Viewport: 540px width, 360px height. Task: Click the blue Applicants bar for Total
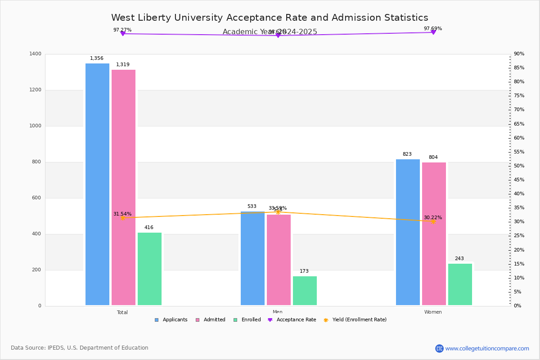tap(97, 184)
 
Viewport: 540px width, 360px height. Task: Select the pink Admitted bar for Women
tap(434, 234)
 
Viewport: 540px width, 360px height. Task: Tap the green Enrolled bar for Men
tap(305, 291)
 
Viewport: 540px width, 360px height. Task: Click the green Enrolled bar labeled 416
tap(149, 269)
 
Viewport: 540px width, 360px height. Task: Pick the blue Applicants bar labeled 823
tap(408, 232)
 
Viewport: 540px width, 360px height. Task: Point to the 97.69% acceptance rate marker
tap(433, 32)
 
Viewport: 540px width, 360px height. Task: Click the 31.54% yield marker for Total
tap(122, 218)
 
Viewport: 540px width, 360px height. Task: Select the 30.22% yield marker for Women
tap(433, 221)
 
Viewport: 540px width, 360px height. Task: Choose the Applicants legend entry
tap(171, 320)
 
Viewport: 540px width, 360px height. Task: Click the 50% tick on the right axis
tap(519, 166)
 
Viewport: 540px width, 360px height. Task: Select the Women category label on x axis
tap(433, 312)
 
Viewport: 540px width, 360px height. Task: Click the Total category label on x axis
tap(122, 312)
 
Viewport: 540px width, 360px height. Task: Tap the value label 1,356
tap(97, 58)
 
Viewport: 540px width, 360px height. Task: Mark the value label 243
tap(459, 259)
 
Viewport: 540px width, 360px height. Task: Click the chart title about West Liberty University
tap(270, 18)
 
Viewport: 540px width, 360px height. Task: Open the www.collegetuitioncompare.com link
tap(487, 348)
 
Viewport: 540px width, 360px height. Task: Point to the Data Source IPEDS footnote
tap(80, 348)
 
